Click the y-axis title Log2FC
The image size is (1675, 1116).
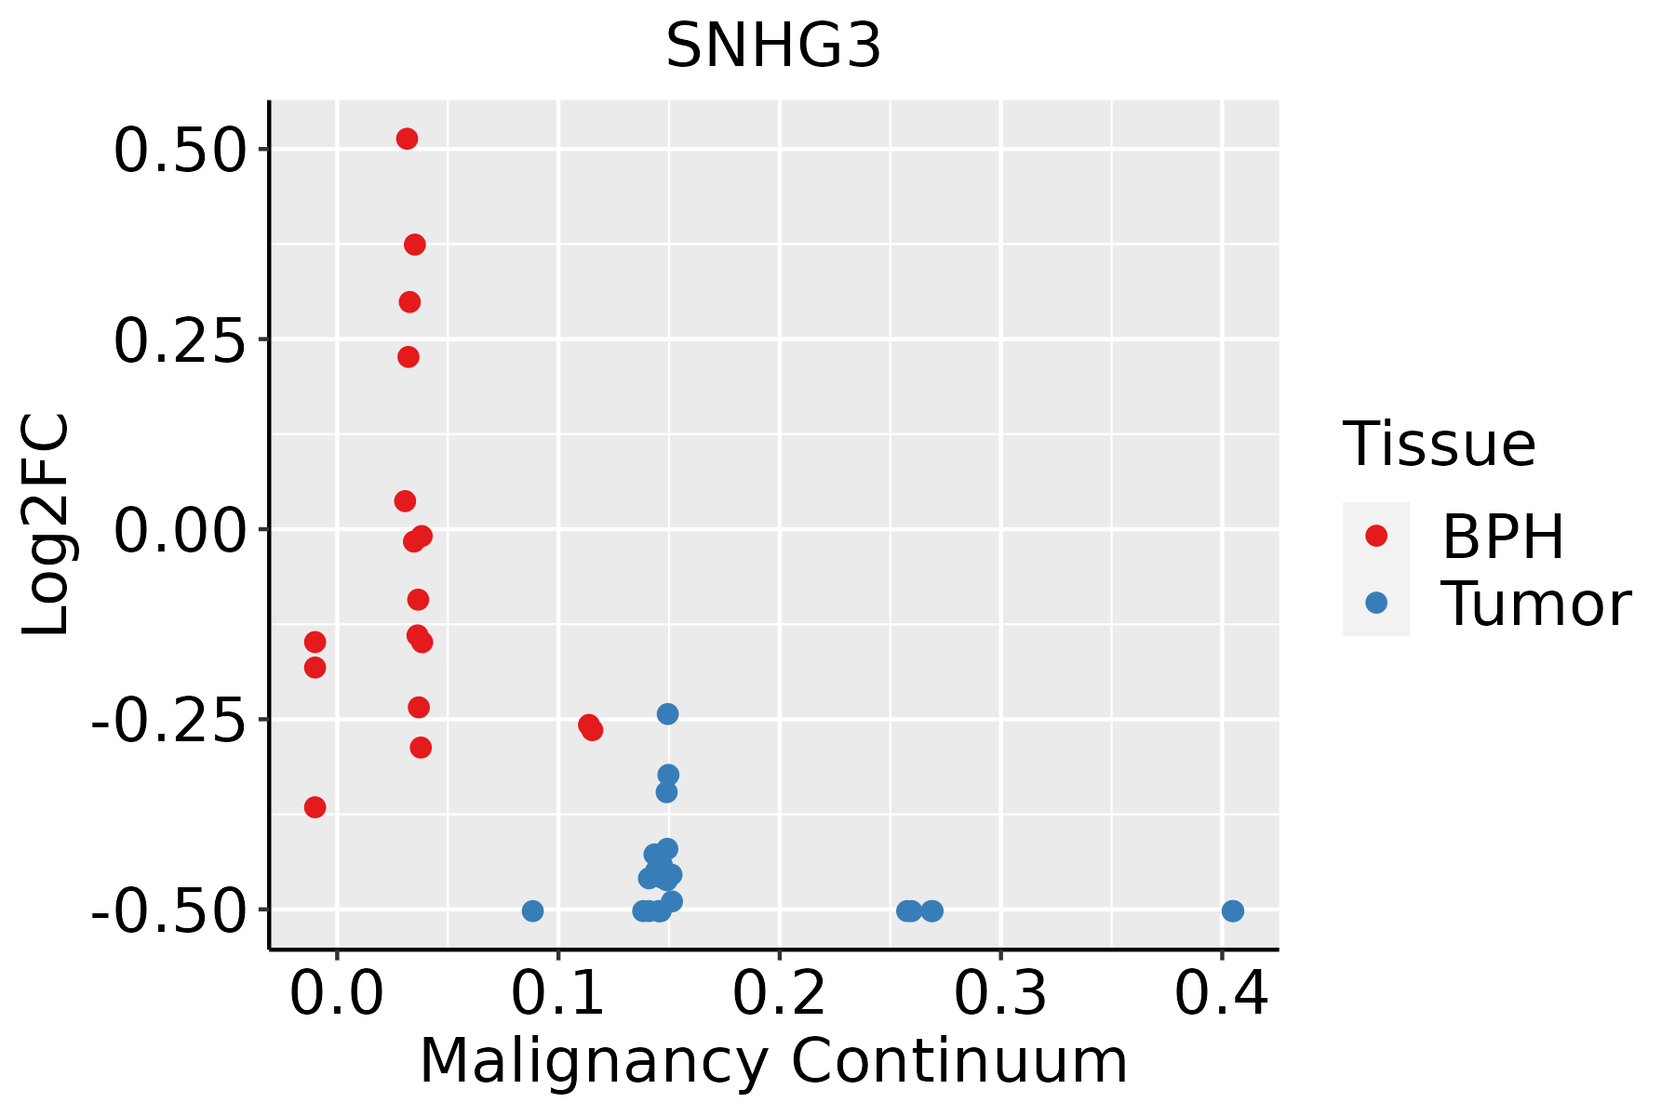(47, 525)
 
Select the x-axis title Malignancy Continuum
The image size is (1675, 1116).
(773, 1061)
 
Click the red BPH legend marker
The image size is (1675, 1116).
(1375, 535)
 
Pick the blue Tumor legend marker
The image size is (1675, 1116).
(1375, 603)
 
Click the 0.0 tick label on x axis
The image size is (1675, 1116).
(336, 994)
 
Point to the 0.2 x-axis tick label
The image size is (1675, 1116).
(779, 994)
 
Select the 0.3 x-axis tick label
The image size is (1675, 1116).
(1000, 994)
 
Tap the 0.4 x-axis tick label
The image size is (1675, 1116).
(1221, 994)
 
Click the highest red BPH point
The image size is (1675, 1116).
(407, 139)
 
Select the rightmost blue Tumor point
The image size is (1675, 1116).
(1232, 910)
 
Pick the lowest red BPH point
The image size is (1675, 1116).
(315, 806)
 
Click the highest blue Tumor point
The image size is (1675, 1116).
(667, 713)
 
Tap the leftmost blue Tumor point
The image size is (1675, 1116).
(532, 910)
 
